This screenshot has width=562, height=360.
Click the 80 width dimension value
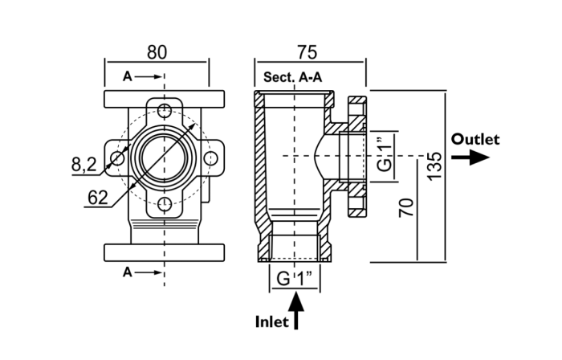pyautogui.click(x=157, y=52)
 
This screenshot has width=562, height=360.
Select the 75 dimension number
pyautogui.click(x=307, y=52)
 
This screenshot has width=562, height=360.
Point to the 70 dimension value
pyautogui.click(x=407, y=207)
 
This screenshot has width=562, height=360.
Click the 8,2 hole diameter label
pyautogui.click(x=83, y=165)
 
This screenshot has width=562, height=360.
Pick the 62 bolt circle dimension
pyautogui.click(x=98, y=197)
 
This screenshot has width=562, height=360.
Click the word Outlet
pyautogui.click(x=475, y=139)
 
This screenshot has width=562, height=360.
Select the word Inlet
pyautogui.click(x=271, y=321)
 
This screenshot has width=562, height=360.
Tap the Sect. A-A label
pyautogui.click(x=292, y=78)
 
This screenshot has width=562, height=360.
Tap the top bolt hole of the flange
pyautogui.click(x=165, y=110)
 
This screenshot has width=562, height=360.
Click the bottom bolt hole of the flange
pyautogui.click(x=165, y=204)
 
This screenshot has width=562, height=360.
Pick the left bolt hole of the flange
pyautogui.click(x=118, y=158)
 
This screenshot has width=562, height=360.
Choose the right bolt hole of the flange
pyautogui.click(x=210, y=158)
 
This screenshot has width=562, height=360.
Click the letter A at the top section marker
pyautogui.click(x=127, y=77)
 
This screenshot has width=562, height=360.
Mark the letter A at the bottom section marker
pyautogui.click(x=127, y=272)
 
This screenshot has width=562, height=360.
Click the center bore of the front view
pyautogui.click(x=165, y=157)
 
